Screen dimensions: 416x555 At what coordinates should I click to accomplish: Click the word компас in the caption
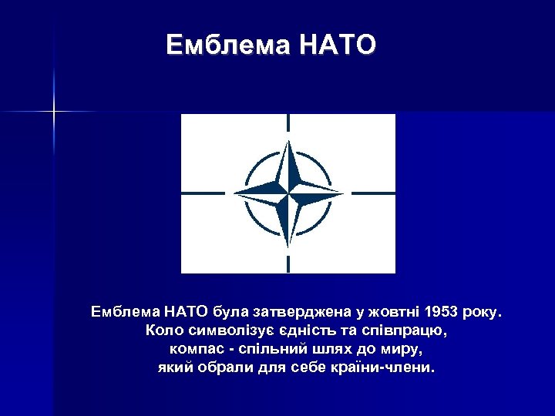(x=193, y=349)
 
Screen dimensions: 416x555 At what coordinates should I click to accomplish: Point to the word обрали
(x=221, y=367)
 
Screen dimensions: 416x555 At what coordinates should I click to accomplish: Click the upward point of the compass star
(x=288, y=146)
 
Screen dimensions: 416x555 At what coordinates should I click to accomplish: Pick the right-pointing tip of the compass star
(x=339, y=192)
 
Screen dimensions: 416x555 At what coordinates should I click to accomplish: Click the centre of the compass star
(x=288, y=192)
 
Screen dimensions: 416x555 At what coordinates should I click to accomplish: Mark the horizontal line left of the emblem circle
(x=203, y=192)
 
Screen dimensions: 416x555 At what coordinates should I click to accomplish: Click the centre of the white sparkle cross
(x=55, y=112)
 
